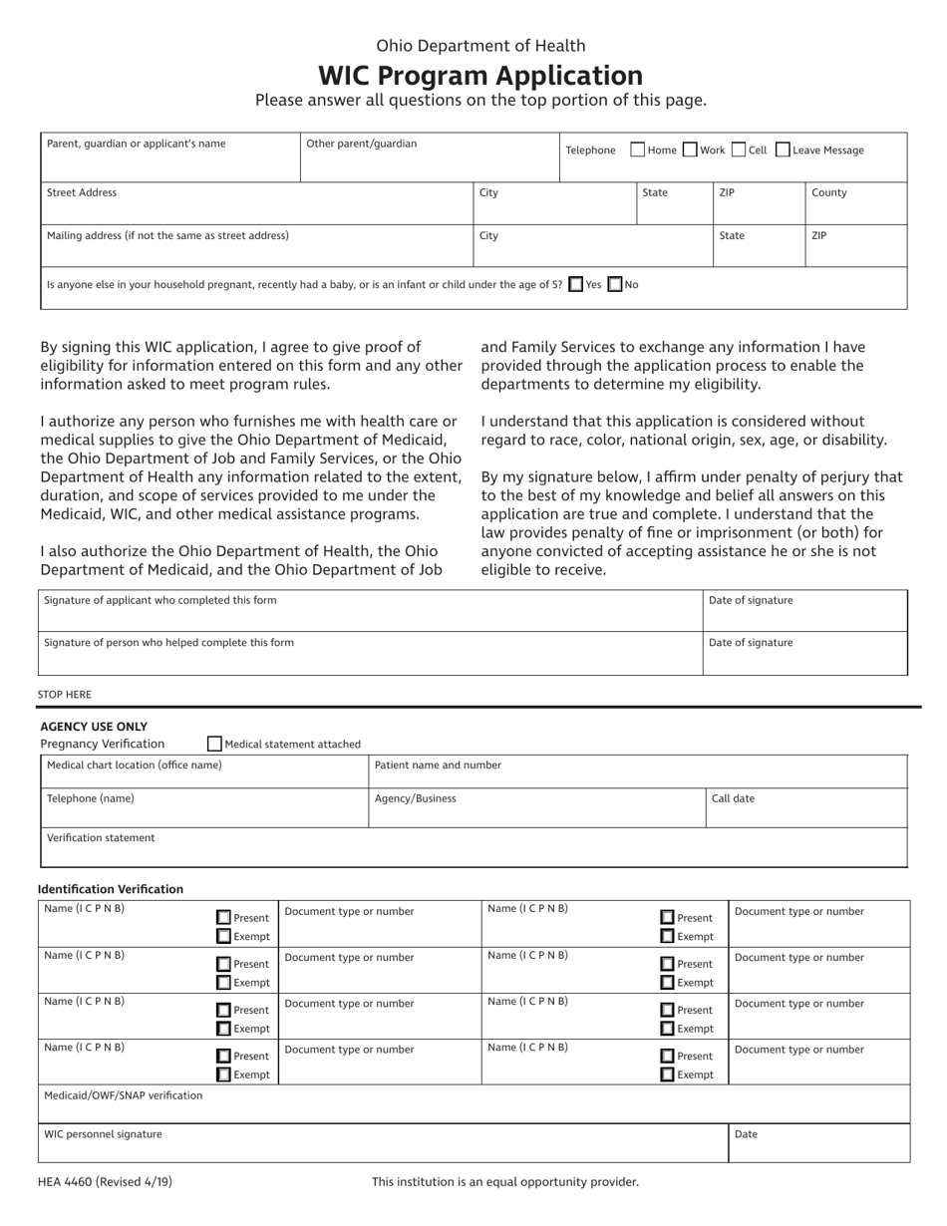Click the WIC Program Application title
[x=479, y=76]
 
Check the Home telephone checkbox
[x=638, y=151]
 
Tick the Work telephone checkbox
[x=690, y=151]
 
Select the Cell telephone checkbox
[x=738, y=151]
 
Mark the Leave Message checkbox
[x=783, y=151]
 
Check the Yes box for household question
[x=575, y=284]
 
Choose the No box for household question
[x=615, y=284]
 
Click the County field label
[x=828, y=193]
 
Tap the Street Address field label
[x=82, y=193]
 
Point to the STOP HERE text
[x=65, y=694]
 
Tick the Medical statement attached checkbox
[x=214, y=744]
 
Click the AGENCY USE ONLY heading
[x=94, y=727]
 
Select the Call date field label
[x=733, y=798]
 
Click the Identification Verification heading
[x=111, y=889]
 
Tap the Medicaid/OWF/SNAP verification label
[x=124, y=1095]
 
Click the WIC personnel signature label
[x=103, y=1134]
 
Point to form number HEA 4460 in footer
[x=105, y=1182]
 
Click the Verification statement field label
[x=101, y=838]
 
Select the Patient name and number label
[x=438, y=766]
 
